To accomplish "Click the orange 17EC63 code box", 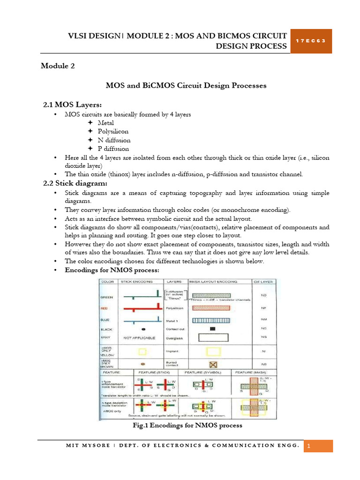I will tap(311, 40).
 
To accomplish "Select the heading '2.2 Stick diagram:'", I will tap(72, 183).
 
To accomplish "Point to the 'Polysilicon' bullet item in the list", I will tap(113, 131).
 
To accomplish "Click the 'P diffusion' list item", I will tap(113, 149).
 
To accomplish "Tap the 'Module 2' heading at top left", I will tap(58, 66).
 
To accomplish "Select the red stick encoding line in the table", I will tap(141, 309).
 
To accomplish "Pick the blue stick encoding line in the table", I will tap(141, 321).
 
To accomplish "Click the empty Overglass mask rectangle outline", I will tap(213, 337).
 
